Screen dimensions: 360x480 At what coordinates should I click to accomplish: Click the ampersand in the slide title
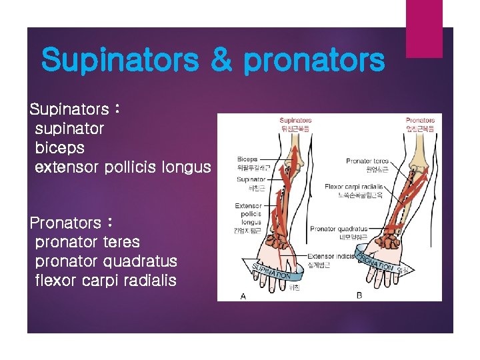pos(221,61)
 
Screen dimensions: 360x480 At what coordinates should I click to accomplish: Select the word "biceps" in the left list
pos(60,147)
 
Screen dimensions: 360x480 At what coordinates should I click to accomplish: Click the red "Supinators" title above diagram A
pos(295,121)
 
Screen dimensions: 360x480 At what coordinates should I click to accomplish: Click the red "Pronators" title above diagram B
pos(420,121)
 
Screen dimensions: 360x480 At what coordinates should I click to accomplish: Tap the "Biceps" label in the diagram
pos(247,160)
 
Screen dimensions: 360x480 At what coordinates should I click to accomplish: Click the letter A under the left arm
pos(243,296)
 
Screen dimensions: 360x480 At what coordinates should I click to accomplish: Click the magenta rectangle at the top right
pos(424,29)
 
